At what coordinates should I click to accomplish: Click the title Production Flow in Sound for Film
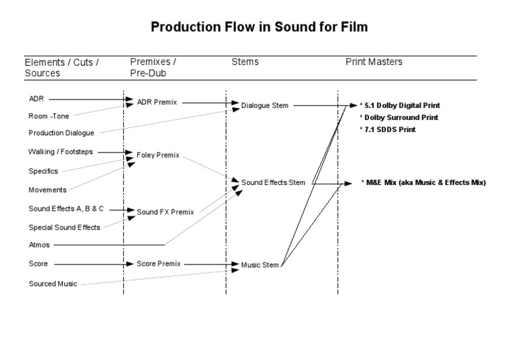point(259,28)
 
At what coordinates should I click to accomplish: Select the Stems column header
point(245,62)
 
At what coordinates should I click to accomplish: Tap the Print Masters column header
point(374,62)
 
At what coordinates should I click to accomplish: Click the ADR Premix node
point(156,103)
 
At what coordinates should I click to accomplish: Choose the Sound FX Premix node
point(165,212)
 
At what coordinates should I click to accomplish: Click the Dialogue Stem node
point(265,105)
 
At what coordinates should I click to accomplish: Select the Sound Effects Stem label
point(273,182)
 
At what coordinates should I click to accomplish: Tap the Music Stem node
point(260,266)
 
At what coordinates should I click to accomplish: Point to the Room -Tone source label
point(48,116)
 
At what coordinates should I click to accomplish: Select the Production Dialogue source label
point(62,133)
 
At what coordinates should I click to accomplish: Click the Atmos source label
point(39,245)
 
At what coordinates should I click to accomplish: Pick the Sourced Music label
point(53,284)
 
